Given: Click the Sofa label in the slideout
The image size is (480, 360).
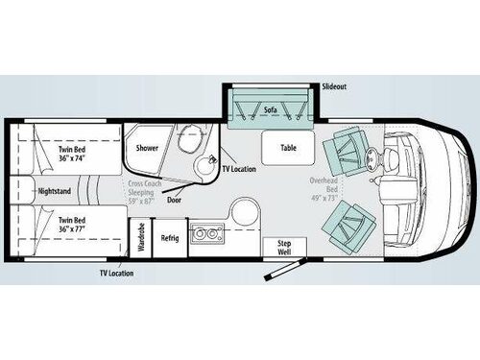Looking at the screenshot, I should click(x=272, y=111).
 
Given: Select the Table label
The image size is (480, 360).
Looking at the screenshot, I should click(x=288, y=148).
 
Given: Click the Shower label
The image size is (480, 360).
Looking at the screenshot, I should click(x=147, y=148).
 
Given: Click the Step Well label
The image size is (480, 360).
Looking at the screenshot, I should click(x=283, y=247).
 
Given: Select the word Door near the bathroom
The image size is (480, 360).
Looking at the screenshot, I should click(x=175, y=201).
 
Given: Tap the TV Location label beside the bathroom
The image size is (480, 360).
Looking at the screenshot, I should click(x=239, y=169).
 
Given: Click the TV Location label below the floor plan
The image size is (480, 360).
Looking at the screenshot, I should click(x=115, y=274).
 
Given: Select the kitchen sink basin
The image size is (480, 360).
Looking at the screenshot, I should click(x=204, y=232).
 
